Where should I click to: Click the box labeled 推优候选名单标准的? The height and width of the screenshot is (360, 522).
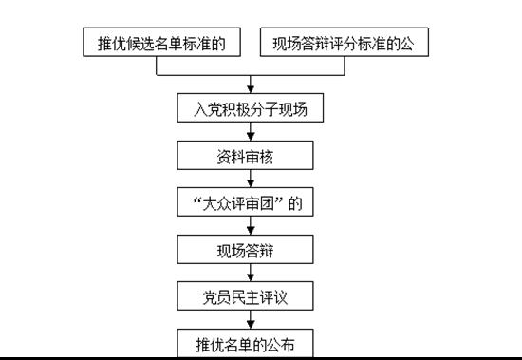click(x=162, y=43)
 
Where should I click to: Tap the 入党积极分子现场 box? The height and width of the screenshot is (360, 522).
click(x=250, y=108)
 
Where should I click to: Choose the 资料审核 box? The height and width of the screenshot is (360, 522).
click(x=250, y=156)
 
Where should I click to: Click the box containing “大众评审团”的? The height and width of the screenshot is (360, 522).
click(x=250, y=202)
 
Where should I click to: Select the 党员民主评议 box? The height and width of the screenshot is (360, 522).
click(x=250, y=296)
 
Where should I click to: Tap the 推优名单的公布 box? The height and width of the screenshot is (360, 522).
click(x=250, y=342)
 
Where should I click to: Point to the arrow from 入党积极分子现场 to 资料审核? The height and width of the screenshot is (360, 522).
click(x=250, y=132)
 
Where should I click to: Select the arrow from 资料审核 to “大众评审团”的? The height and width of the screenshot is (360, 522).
click(x=250, y=180)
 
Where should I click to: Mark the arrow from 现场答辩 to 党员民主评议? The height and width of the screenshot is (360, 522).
click(x=250, y=274)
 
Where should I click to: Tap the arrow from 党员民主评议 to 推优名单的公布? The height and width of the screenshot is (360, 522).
click(x=250, y=320)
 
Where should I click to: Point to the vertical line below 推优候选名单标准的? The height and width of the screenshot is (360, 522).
click(x=162, y=65)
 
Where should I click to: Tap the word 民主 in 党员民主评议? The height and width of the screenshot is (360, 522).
click(x=250, y=296)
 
